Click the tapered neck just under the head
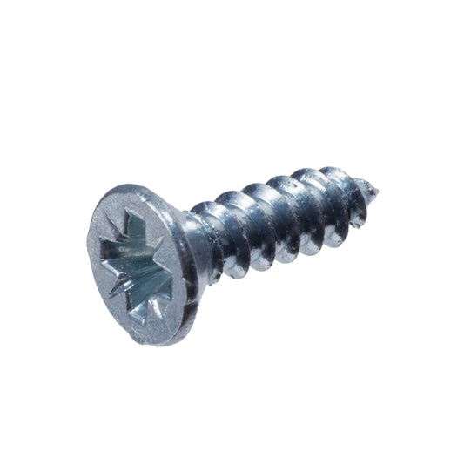tap(192, 248)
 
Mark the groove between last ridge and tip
tap(364, 193)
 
